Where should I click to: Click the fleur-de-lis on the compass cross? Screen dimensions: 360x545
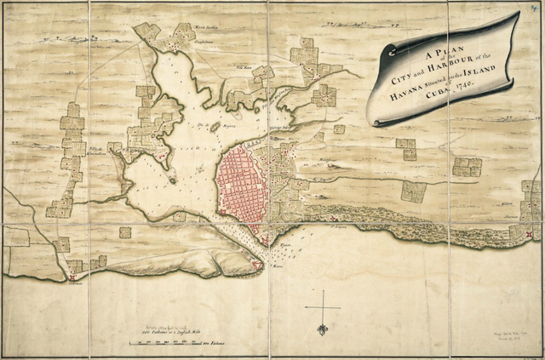tap(323, 329)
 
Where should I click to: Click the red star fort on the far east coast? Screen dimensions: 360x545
tap(530, 235)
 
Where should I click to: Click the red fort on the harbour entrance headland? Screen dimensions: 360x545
tap(257, 266)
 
